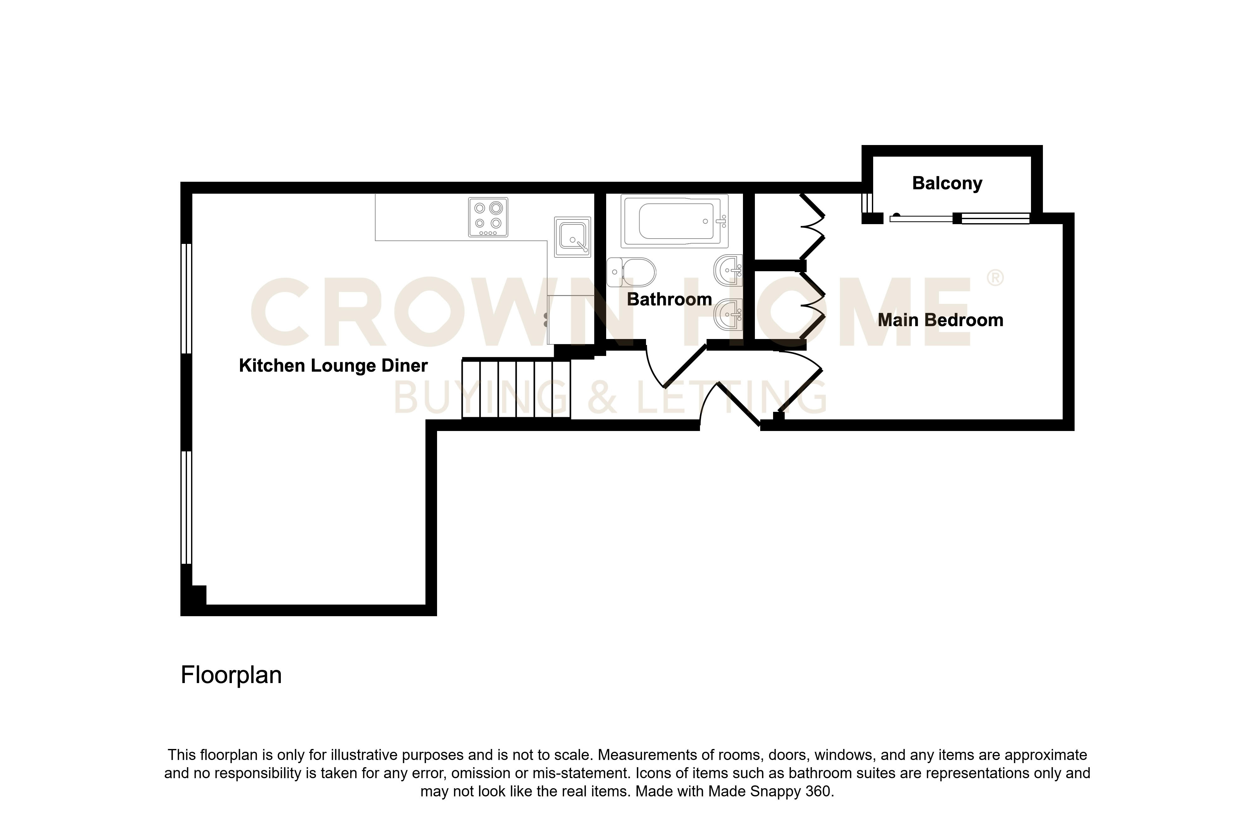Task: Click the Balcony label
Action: (x=947, y=184)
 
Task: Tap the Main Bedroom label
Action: (x=940, y=320)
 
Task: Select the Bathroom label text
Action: (x=669, y=300)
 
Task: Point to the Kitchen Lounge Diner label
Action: (x=333, y=366)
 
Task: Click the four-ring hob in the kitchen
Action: (x=488, y=217)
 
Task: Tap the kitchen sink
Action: (x=572, y=237)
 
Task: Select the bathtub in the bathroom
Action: (x=675, y=221)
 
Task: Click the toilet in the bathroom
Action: (x=631, y=272)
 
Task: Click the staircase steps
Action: (x=516, y=389)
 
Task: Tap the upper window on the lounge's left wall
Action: (x=186, y=298)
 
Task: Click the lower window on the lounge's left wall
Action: (x=186, y=508)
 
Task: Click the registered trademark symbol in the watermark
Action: (x=995, y=278)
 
